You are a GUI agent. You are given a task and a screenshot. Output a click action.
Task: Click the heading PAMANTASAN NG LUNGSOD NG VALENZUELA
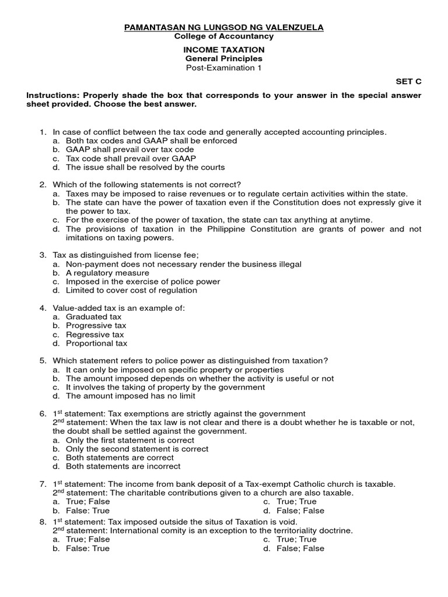pos(224,27)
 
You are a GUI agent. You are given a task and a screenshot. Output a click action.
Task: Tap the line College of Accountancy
pos(224,36)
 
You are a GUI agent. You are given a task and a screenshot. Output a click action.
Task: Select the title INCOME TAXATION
pos(224,50)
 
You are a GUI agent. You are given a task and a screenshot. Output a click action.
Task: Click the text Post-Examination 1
pos(224,68)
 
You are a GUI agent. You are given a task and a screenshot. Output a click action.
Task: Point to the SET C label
pos(408,82)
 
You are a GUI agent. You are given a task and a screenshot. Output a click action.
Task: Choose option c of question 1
pos(131,159)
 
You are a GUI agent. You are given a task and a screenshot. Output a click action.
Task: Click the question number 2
pos(43,185)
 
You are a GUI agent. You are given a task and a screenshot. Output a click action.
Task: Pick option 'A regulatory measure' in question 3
pos(107,273)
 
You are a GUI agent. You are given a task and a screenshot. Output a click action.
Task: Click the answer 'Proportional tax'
pos(96,343)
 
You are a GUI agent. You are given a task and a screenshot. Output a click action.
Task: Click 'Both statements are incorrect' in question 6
pos(123,466)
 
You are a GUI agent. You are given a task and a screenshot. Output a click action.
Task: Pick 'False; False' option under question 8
pos(300,548)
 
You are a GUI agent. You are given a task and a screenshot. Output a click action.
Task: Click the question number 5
pos(43,361)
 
